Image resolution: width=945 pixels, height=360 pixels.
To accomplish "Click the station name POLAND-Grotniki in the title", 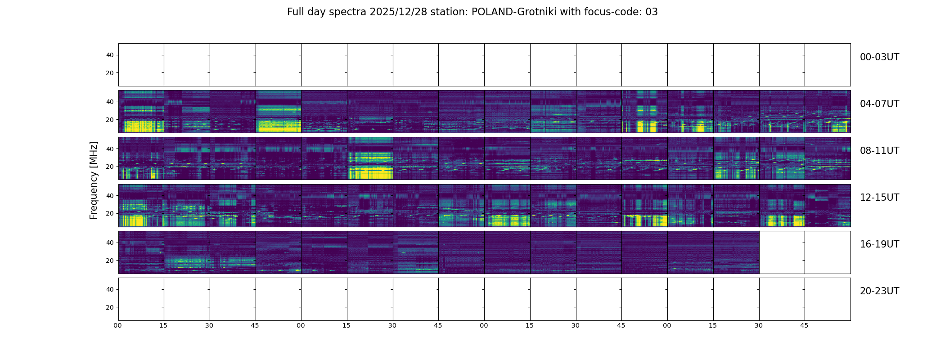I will point(513,12).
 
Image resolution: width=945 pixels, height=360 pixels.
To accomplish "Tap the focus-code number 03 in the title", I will point(651,12).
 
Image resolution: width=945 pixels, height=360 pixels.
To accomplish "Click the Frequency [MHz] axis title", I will point(94,180).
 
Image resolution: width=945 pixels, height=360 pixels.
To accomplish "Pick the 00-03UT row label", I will point(879,57).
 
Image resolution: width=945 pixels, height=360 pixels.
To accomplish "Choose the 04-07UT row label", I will point(879,104).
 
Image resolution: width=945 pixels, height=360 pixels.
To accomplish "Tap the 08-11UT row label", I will point(879,151).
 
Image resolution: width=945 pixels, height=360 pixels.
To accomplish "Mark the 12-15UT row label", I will point(879,198).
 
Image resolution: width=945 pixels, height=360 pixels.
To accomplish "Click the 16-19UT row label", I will point(879,244).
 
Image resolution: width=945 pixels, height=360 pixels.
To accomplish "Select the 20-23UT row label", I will point(879,291).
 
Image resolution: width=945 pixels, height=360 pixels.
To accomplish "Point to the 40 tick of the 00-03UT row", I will point(109,55).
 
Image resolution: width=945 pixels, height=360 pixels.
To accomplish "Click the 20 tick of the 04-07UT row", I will point(109,120).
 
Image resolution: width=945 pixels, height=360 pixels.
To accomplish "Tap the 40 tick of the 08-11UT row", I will point(109,149).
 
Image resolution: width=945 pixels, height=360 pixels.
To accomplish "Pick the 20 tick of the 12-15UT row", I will point(109,213).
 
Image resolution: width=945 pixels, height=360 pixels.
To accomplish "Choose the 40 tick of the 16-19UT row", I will point(109,243).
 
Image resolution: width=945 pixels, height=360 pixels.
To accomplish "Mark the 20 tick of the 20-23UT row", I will point(109,307).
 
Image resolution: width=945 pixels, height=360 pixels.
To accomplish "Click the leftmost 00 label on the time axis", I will point(118,325).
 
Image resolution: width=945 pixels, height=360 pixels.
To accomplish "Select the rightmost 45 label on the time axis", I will point(804,325).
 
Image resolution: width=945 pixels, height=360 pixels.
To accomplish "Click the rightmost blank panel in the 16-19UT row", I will point(828,252).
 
